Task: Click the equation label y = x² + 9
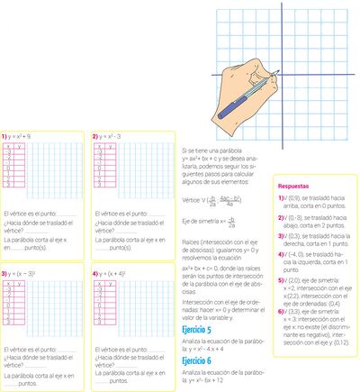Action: (22, 136)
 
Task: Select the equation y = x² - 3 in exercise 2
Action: (113, 136)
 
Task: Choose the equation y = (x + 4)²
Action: (114, 271)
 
